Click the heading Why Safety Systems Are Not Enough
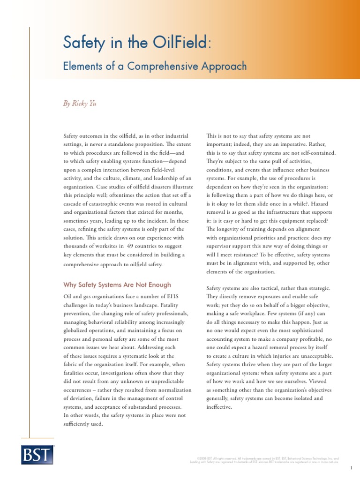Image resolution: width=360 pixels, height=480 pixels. coord(117,285)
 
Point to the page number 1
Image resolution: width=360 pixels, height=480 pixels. coord(351,468)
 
